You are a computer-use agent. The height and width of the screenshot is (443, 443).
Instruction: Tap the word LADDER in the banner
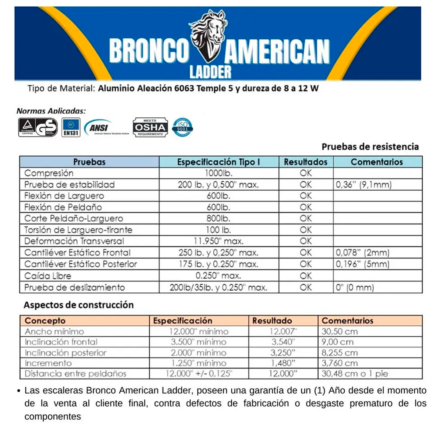coord(210,71)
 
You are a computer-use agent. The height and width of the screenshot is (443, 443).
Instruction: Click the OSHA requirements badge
coord(150,127)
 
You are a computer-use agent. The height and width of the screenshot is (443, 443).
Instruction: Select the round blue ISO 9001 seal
coord(183,127)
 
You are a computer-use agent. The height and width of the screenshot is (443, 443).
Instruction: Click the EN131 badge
coord(71,127)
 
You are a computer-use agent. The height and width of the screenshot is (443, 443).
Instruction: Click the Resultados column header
coord(306,162)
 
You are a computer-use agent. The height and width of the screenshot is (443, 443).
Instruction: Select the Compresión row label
coord(49,173)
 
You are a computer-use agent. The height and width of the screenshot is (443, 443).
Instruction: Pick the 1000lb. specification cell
coord(218,173)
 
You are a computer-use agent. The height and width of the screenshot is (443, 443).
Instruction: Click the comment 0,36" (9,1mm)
coord(363,185)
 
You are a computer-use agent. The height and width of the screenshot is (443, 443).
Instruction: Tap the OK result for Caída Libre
coord(306,276)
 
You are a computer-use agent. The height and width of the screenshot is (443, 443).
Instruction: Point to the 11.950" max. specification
coord(218,241)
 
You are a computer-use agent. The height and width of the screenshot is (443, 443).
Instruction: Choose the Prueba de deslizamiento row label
coord(74,287)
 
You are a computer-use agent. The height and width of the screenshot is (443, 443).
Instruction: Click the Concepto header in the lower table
coord(45,320)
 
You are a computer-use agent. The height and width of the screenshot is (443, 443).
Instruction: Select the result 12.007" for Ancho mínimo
coord(283,331)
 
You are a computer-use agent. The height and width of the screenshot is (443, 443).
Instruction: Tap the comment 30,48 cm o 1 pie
coord(355,374)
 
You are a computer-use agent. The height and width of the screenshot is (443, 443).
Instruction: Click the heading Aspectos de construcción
coord(78,305)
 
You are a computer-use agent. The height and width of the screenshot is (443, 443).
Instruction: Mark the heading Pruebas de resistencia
coord(370,146)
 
